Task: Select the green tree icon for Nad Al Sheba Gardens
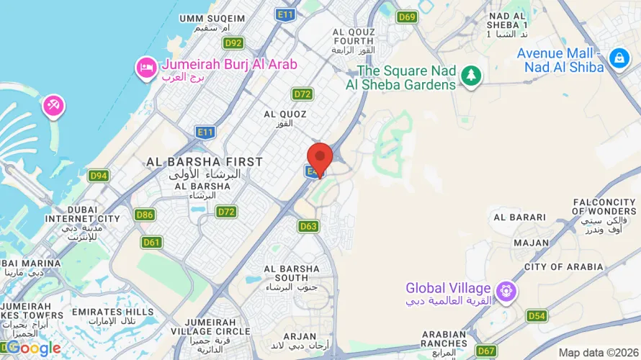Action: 471,74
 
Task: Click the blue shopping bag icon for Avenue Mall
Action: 619,58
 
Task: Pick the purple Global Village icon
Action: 507,291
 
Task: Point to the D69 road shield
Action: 407,17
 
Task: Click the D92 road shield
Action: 233,43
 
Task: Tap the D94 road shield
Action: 99,176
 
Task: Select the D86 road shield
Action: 145,215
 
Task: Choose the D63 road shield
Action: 308,226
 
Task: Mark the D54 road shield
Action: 537,315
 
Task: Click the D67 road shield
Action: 486,351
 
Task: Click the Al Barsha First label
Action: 205,162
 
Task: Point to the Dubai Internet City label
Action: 82,214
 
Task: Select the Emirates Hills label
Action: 112,312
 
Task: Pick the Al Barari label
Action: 512,217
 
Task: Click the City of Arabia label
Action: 564,266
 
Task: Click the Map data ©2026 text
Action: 597,352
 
